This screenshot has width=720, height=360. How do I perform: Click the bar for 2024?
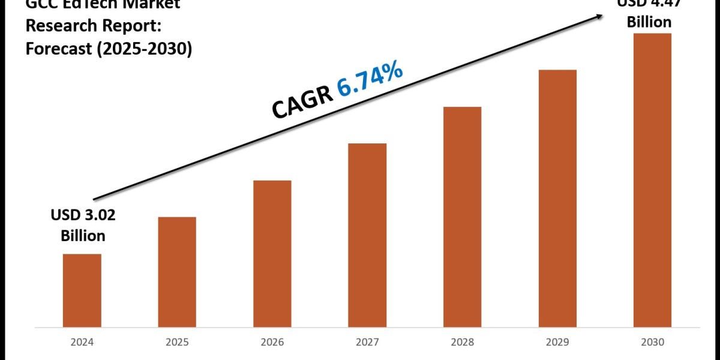82,290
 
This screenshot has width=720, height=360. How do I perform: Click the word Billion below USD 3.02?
83,236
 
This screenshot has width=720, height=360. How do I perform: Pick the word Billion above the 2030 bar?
649,22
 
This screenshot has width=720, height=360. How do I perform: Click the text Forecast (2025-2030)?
109,49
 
